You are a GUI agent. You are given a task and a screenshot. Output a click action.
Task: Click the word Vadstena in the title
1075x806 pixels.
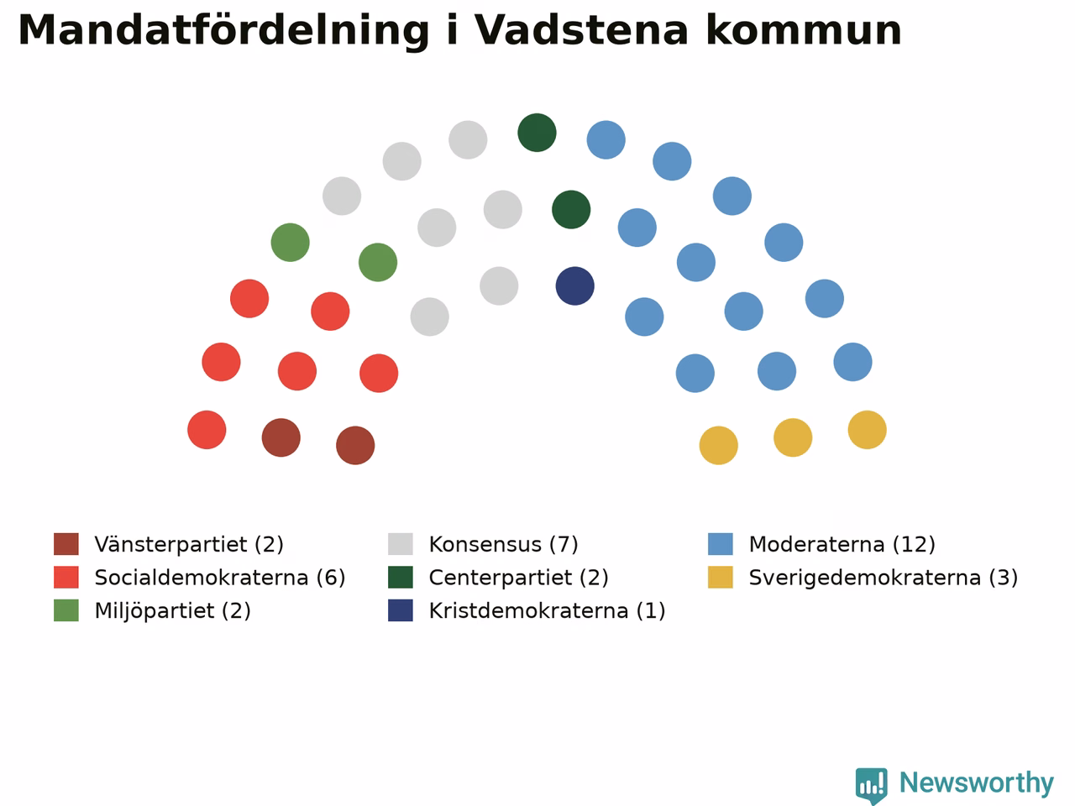pos(581,30)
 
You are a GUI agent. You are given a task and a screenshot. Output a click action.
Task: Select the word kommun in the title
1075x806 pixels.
pos(804,30)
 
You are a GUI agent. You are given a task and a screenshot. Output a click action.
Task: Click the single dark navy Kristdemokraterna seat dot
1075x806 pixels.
pos(575,285)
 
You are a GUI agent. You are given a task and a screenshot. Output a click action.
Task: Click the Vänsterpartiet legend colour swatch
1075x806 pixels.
pos(66,544)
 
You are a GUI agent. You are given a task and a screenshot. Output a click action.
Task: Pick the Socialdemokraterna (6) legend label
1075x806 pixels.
pos(220,578)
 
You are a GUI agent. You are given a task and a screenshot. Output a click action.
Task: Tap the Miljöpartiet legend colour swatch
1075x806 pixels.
pos(66,610)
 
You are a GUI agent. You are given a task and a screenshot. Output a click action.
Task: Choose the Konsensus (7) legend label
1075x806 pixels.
pos(503,544)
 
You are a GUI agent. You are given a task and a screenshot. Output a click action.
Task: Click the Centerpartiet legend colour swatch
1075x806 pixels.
pos(401,578)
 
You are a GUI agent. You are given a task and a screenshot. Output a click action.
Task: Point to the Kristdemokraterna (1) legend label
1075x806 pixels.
pos(547,610)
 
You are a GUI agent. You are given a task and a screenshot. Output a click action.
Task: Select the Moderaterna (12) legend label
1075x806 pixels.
pos(842,544)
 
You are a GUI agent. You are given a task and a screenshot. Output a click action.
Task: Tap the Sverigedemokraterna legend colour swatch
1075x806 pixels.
pos(721,578)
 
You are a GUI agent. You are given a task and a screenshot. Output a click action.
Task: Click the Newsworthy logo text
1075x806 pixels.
pos(977,782)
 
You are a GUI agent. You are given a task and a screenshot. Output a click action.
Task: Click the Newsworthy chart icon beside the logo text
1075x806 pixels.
pos(871,785)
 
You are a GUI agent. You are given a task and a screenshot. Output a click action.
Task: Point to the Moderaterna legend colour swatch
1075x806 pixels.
pos(721,544)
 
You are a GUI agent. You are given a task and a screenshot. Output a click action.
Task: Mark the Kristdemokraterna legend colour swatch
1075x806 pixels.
pos(401,610)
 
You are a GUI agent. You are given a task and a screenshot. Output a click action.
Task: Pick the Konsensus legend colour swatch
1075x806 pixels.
pos(401,544)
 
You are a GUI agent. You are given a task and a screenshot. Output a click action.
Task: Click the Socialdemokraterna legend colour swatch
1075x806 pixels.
pos(66,578)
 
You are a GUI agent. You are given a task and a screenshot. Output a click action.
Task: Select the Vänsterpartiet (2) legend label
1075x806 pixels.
pos(189,544)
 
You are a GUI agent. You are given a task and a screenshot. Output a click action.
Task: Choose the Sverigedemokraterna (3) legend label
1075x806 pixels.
pos(884,578)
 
